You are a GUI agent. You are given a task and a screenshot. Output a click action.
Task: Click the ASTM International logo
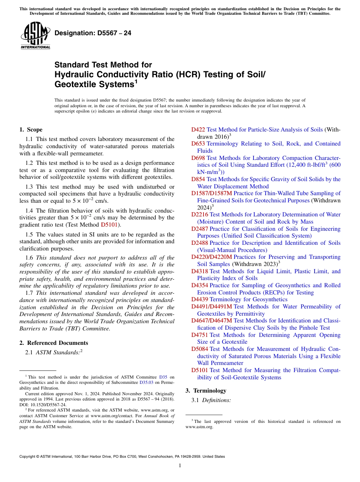[35, 36]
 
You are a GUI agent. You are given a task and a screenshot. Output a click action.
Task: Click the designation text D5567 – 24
[93, 33]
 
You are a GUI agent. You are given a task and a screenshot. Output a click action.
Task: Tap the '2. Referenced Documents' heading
[54, 343]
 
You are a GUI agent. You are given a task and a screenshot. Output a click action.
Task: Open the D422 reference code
[198, 130]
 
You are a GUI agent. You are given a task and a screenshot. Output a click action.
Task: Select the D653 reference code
[198, 144]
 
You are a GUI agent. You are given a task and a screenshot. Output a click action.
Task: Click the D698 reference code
[198, 158]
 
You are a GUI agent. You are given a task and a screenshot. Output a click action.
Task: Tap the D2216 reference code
[200, 214]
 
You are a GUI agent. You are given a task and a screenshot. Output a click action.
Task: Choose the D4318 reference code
[200, 271]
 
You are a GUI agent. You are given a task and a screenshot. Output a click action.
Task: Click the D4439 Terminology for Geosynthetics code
[200, 299]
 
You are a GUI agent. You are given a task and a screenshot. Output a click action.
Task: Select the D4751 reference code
[200, 335]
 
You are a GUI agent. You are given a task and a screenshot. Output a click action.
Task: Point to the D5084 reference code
[200, 349]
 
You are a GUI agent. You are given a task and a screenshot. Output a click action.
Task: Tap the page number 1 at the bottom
[180, 465]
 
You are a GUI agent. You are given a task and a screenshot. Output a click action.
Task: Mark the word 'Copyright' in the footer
[28, 457]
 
